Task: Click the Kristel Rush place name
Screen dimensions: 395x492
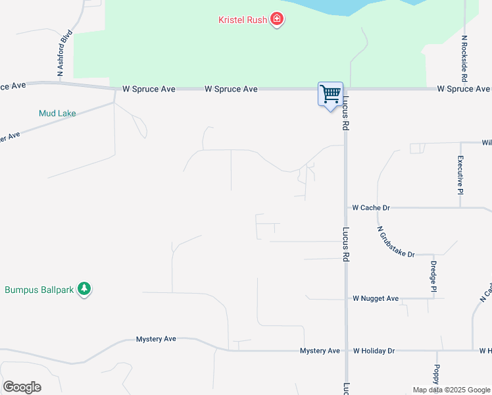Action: (243, 20)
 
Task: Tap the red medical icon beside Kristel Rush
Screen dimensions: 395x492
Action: (277, 19)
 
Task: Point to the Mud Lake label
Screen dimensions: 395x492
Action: (57, 113)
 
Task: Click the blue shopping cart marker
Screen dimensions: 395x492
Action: (330, 94)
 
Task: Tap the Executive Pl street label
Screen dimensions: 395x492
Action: (461, 174)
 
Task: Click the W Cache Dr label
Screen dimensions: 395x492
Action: (371, 207)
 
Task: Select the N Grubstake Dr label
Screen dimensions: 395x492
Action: (396, 242)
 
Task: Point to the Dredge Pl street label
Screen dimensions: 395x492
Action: (433, 276)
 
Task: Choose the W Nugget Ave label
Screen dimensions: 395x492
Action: (376, 298)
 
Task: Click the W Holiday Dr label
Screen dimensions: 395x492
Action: (374, 351)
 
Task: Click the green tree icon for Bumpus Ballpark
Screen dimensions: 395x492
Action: (84, 288)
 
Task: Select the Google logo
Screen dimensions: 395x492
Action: (22, 386)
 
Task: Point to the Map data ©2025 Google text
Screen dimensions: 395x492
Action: (451, 390)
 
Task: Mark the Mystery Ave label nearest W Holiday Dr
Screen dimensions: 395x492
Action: (320, 351)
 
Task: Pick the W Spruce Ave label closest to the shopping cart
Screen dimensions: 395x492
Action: (231, 89)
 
